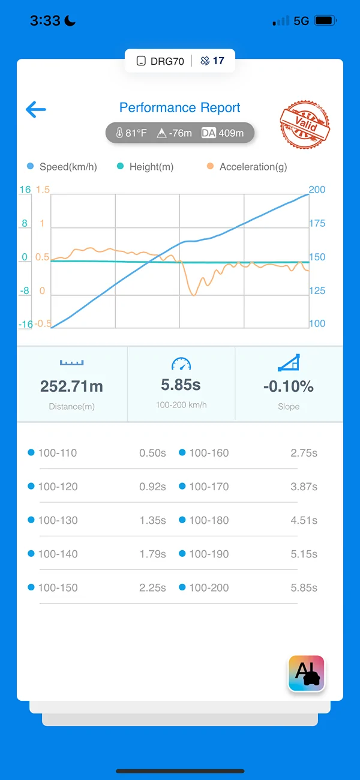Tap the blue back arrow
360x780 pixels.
pyautogui.click(x=36, y=109)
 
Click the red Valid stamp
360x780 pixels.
pyautogui.click(x=305, y=124)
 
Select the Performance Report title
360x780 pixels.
pyautogui.click(x=179, y=107)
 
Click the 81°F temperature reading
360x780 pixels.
pyautogui.click(x=131, y=133)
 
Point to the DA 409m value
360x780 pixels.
pyautogui.click(x=223, y=133)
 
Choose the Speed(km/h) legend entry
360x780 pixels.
pyautogui.click(x=62, y=167)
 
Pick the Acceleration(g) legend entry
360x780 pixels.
pyautogui.click(x=247, y=167)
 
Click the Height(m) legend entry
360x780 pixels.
pyautogui.click(x=145, y=167)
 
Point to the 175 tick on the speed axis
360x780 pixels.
pyautogui.click(x=317, y=223)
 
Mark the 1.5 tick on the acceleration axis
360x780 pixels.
pyautogui.click(x=43, y=190)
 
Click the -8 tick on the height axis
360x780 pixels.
pyautogui.click(x=24, y=291)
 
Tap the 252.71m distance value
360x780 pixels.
pyautogui.click(x=72, y=386)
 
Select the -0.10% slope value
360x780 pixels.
pyautogui.click(x=289, y=386)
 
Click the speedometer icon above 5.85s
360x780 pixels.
pyautogui.click(x=181, y=364)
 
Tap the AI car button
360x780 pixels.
pyautogui.click(x=307, y=673)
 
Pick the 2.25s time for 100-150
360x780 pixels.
pyautogui.click(x=152, y=587)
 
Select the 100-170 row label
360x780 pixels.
pyautogui.click(x=209, y=487)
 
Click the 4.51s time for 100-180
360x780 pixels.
pyautogui.click(x=304, y=520)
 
